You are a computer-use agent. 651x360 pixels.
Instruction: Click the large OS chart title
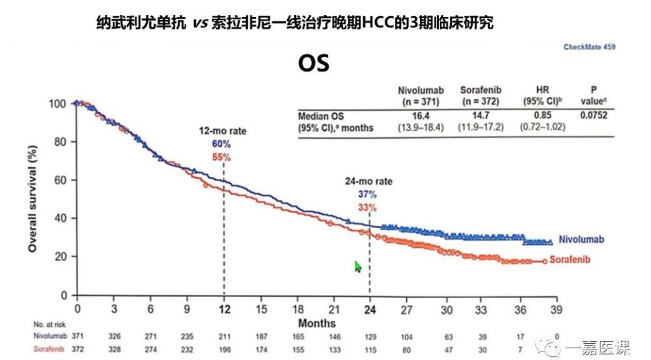(x=314, y=63)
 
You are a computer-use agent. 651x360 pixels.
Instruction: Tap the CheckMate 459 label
(x=589, y=47)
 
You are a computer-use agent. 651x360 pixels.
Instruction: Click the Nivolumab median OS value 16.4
(x=421, y=116)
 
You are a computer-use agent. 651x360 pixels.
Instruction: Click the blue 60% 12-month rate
(x=222, y=145)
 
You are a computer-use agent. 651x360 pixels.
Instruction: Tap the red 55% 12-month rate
(x=222, y=158)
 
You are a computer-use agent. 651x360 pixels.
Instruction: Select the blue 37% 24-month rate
(x=368, y=195)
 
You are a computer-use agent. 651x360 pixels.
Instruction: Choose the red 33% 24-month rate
(x=368, y=208)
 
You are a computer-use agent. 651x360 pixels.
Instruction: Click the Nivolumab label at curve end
(x=578, y=240)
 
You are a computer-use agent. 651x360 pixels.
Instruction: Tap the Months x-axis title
(x=317, y=323)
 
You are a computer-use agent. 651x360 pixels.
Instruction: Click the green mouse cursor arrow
(x=357, y=267)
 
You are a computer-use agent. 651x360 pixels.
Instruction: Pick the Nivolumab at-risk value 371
(x=77, y=336)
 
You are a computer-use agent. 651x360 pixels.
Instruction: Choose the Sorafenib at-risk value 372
(x=77, y=350)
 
